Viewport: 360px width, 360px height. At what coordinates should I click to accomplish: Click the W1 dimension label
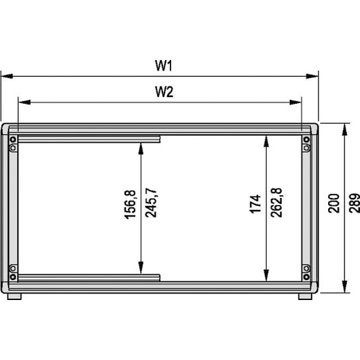[x=163, y=65]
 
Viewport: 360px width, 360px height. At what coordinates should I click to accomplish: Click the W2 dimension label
[x=164, y=92]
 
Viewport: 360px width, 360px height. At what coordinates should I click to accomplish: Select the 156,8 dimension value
[x=130, y=205]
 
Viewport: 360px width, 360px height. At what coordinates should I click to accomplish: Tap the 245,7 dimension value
[x=151, y=203]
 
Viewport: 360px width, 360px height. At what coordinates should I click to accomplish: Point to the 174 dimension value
[x=256, y=204]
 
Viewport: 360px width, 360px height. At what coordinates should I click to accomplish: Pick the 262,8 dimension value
[x=276, y=203]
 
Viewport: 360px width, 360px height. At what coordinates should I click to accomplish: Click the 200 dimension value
[x=334, y=203]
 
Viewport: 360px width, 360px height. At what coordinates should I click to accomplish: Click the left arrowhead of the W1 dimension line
[x=7, y=76]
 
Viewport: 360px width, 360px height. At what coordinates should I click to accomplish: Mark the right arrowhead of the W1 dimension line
[x=312, y=76]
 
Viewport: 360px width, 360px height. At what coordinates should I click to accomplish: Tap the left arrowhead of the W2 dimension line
[x=25, y=102]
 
